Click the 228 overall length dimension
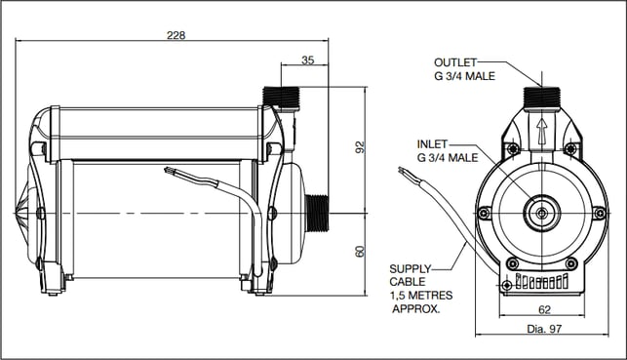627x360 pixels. pyautogui.click(x=176, y=35)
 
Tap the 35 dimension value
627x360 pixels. pyautogui.click(x=307, y=60)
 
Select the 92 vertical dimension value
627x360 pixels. pyautogui.click(x=360, y=146)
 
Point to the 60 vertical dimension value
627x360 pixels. pyautogui.click(x=360, y=251)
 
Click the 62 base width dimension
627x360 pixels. pyautogui.click(x=544, y=309)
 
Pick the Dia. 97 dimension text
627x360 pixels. pyautogui.click(x=544, y=329)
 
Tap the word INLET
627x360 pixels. pyautogui.click(x=432, y=144)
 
